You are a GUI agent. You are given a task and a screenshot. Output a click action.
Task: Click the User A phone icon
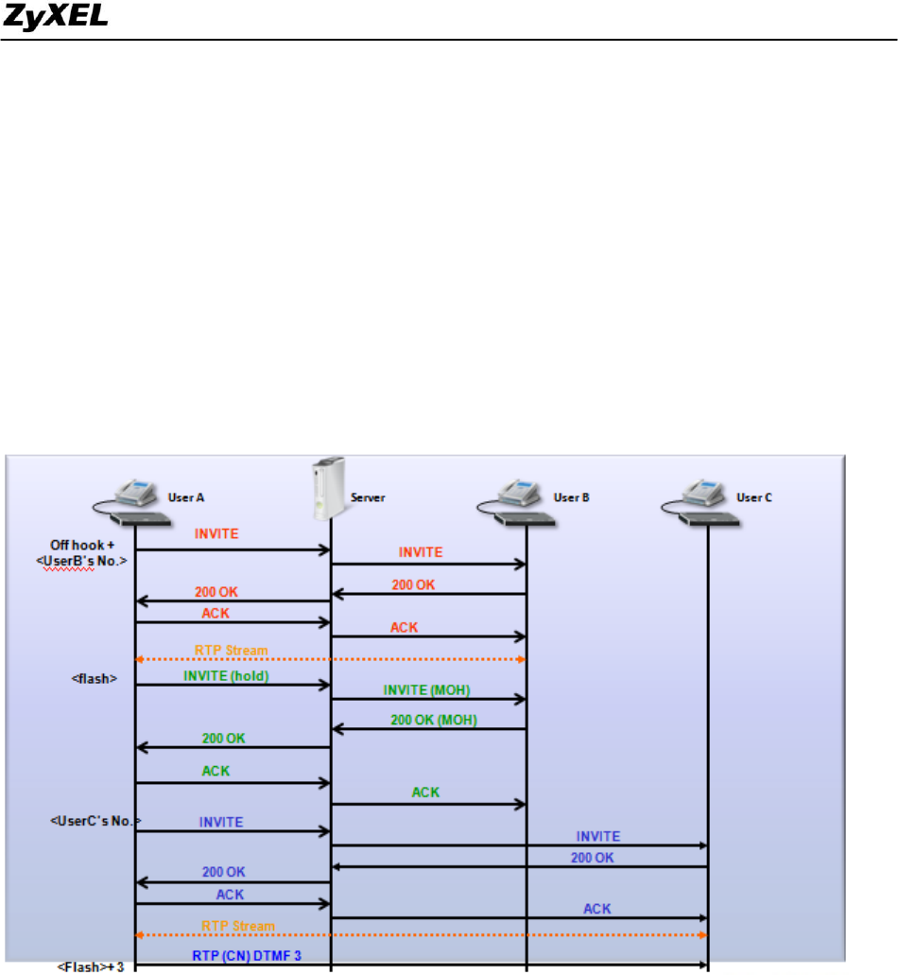click(141, 501)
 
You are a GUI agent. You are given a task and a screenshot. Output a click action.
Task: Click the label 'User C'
click(754, 497)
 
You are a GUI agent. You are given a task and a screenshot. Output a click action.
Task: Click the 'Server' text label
click(368, 496)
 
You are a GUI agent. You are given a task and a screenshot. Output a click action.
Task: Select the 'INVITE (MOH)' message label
click(424, 689)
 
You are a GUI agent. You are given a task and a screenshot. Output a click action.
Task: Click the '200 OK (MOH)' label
click(434, 720)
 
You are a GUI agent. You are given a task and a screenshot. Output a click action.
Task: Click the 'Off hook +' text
click(81, 545)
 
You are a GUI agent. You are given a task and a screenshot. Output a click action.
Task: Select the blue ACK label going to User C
click(596, 909)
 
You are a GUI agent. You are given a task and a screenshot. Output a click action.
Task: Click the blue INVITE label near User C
click(598, 836)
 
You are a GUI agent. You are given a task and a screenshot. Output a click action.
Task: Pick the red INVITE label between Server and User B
click(420, 552)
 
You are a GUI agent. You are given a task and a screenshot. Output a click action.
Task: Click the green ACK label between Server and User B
click(425, 792)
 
